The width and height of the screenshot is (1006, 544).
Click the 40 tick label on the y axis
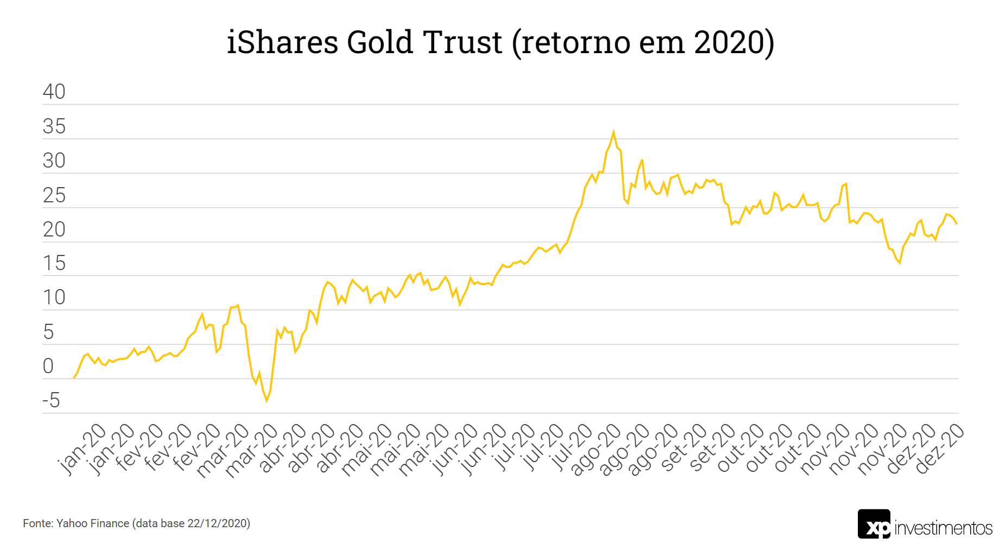click(x=54, y=92)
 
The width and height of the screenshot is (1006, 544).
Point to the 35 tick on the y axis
click(x=54, y=126)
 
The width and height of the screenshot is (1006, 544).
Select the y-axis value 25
click(x=54, y=195)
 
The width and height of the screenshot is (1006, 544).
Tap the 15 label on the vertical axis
click(x=54, y=263)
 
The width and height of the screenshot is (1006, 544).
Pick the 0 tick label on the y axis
click(x=48, y=366)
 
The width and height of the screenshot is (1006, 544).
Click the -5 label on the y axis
click(x=51, y=400)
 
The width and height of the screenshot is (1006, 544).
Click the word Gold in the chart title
click(x=380, y=42)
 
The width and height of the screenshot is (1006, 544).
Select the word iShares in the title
click(x=283, y=42)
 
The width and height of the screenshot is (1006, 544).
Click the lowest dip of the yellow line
click(x=266, y=401)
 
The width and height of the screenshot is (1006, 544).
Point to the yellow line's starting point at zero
click(x=74, y=377)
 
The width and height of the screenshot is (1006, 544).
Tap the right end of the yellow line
click(x=957, y=223)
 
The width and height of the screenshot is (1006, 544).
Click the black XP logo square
click(x=874, y=524)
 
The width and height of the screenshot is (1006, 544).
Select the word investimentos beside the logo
click(x=944, y=528)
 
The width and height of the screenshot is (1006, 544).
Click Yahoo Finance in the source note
click(x=93, y=523)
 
